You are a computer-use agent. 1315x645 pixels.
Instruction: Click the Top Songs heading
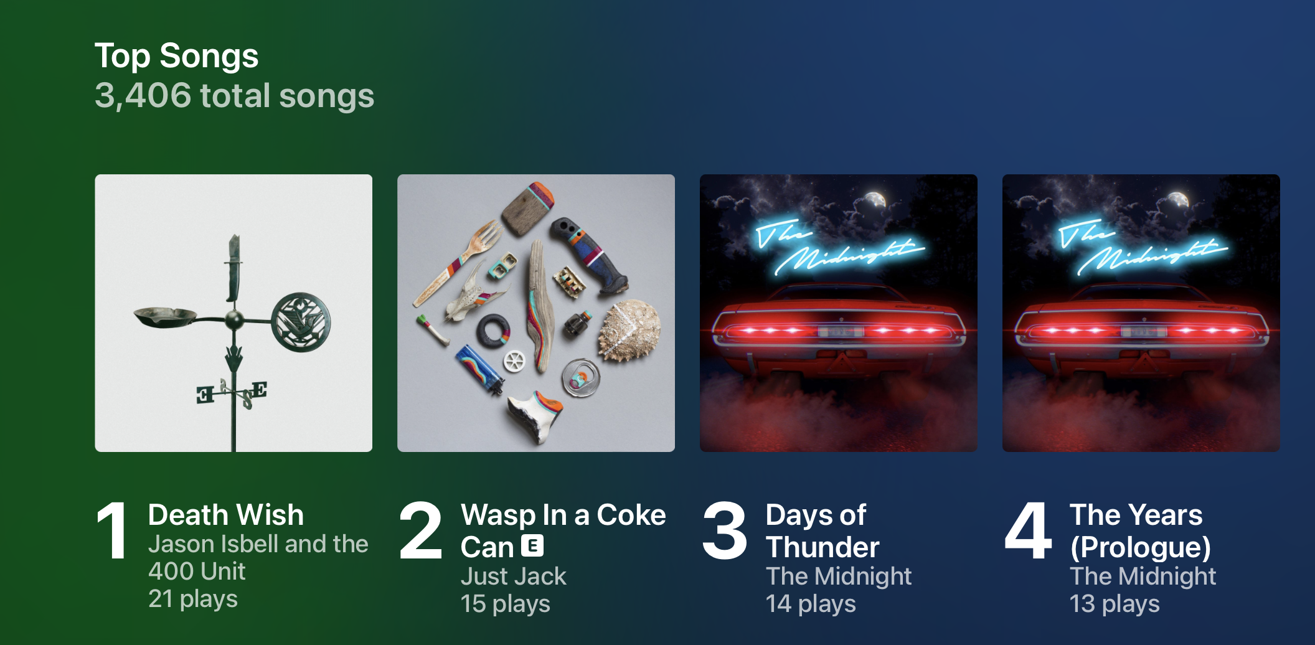176,56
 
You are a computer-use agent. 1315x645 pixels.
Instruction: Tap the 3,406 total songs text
234,96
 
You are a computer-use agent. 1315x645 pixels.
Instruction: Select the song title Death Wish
226,515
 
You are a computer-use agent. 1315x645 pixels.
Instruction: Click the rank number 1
113,530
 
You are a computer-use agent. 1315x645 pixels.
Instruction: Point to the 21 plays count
193,599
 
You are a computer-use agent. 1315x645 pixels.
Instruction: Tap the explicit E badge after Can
532,545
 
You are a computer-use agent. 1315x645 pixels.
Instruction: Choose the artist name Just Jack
514,577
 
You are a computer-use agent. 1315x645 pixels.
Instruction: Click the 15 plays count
506,604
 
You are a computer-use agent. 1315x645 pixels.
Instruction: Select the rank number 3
724,530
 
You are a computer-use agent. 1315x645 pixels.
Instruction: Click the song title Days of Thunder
822,531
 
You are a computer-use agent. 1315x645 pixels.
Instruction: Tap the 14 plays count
811,604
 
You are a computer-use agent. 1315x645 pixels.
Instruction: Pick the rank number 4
1028,530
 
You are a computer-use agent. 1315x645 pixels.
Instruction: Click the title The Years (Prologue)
1140,531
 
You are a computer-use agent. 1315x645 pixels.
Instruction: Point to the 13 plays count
1115,604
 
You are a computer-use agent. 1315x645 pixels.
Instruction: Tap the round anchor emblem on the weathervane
301,322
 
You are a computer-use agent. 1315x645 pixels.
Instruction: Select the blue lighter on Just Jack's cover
479,370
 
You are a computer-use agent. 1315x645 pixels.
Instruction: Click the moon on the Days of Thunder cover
876,200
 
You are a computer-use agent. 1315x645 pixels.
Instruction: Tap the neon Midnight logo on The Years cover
1143,248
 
